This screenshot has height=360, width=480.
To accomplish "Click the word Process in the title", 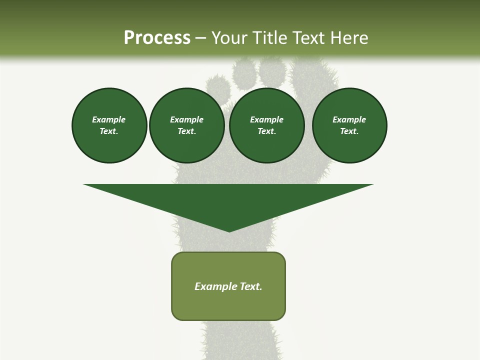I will pos(157,37).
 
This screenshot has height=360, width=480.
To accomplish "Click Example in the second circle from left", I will pos(187,119).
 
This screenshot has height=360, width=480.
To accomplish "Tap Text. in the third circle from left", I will pos(267,131).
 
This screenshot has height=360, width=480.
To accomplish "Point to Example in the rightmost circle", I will pos(349,119).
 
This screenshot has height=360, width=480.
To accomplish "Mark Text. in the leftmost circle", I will pos(109,131).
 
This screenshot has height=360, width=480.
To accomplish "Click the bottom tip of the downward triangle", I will pos(229,230).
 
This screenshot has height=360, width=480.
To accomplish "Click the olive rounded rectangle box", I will pos(228,305).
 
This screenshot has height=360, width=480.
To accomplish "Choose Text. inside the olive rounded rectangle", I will pos(251,286).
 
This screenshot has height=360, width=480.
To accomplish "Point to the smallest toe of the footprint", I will pos(216,85).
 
